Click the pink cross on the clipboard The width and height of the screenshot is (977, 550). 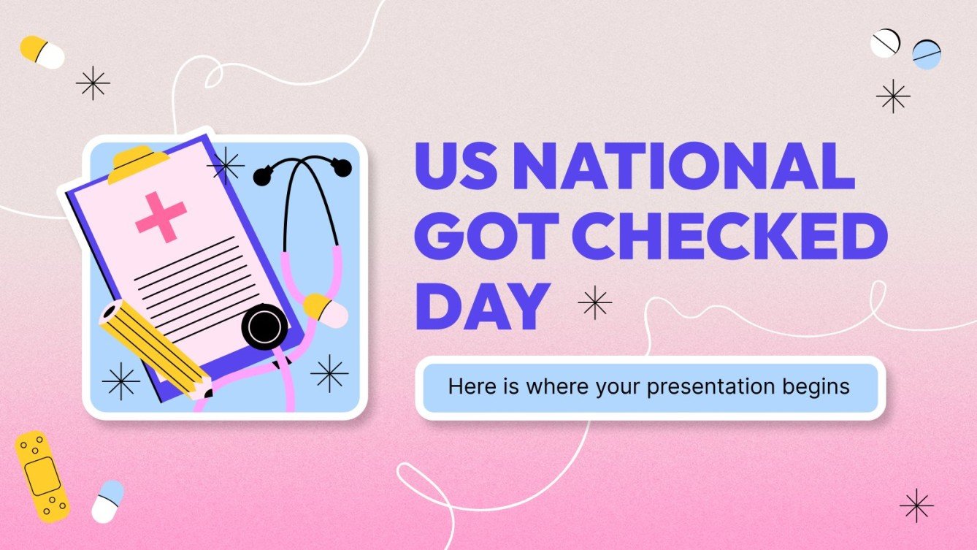(161, 217)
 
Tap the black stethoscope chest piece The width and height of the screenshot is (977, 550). (264, 326)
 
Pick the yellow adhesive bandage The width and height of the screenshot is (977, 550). (42, 475)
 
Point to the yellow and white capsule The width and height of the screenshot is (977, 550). (42, 52)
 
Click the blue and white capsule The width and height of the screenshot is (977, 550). (108, 500)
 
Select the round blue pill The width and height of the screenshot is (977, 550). (926, 55)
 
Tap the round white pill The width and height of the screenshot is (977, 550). (886, 43)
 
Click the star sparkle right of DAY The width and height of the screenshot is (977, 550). (595, 302)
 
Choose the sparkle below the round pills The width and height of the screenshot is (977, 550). (893, 96)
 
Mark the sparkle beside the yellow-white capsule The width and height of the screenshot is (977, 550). (93, 83)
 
